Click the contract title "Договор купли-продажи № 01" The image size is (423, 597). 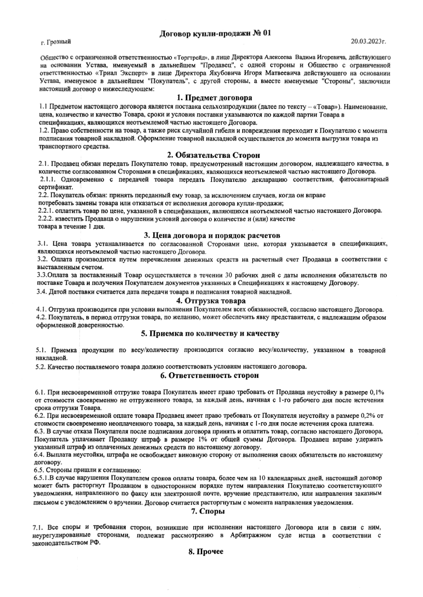[215, 33]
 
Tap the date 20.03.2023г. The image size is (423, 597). [368, 41]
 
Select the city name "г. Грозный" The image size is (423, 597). [56, 42]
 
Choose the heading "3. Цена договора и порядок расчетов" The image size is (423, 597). [211, 235]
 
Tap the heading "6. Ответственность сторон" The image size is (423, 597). [210, 375]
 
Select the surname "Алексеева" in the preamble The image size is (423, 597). [278, 58]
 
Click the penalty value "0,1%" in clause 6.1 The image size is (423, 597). [376, 393]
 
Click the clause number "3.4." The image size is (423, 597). [43, 292]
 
